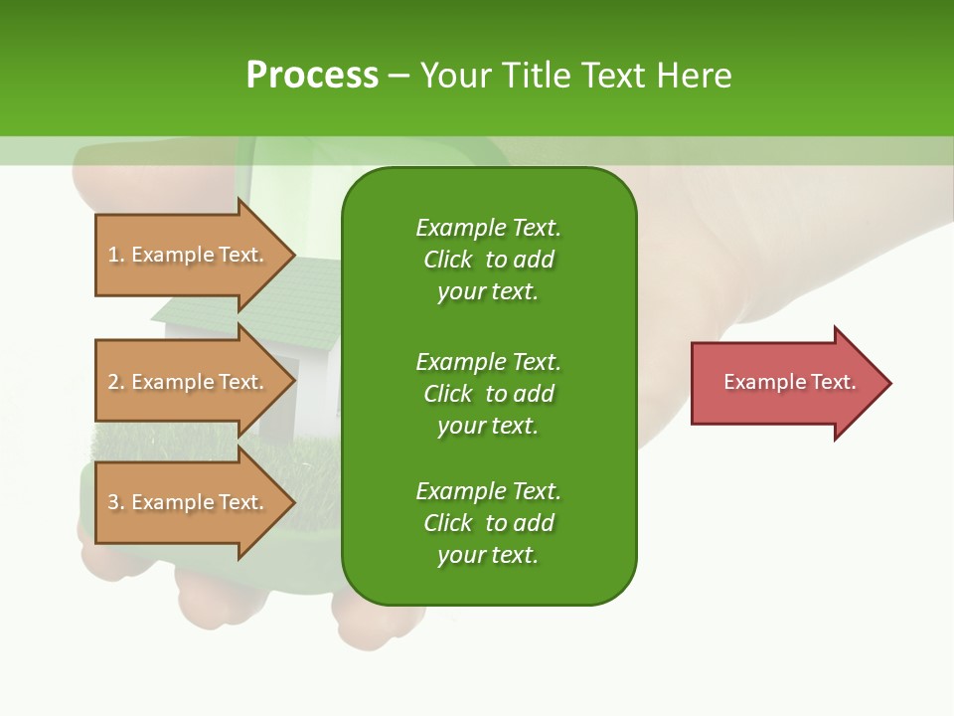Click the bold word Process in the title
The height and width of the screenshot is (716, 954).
(x=312, y=76)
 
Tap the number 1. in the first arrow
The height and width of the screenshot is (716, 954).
(x=116, y=255)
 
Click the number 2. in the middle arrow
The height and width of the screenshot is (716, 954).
(x=116, y=382)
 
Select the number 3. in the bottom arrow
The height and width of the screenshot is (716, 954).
(x=116, y=502)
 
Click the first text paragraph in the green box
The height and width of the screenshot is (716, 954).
(x=488, y=260)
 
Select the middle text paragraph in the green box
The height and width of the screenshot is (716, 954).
(x=488, y=393)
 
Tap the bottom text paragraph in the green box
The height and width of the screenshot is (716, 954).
(x=488, y=523)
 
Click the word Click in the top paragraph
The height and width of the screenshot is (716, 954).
(x=448, y=260)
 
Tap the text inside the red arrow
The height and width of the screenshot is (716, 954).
(x=789, y=382)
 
